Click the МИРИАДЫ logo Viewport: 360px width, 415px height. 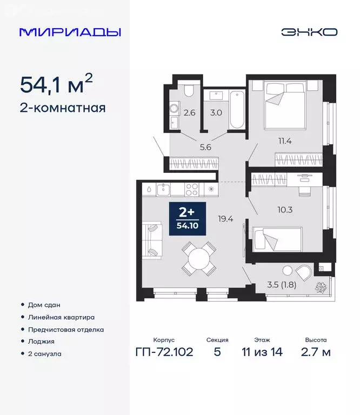[x=70, y=32]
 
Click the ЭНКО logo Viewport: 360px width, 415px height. [x=309, y=32]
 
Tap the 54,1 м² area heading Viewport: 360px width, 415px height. [x=56, y=84]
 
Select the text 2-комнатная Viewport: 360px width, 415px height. [x=63, y=108]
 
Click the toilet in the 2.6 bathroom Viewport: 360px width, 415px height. [x=188, y=91]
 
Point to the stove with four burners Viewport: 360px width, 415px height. [x=192, y=190]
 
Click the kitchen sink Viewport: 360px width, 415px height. [x=163, y=190]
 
